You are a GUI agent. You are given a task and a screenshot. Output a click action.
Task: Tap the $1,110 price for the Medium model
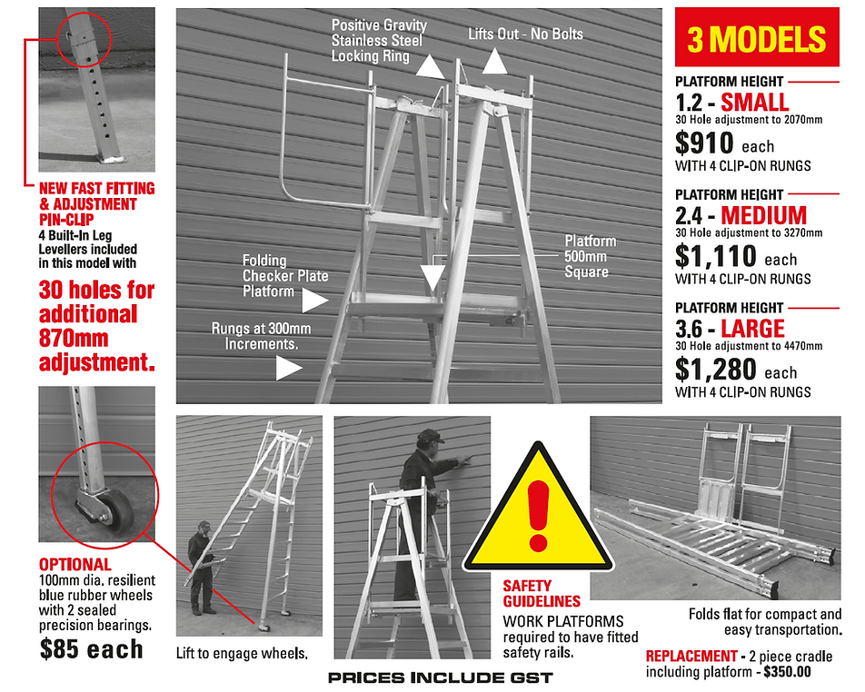(716, 258)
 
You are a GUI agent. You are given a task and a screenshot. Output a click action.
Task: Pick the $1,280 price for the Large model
(717, 371)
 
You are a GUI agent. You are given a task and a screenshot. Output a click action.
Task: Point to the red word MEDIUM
(763, 215)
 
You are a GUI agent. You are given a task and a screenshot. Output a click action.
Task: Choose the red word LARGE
(752, 327)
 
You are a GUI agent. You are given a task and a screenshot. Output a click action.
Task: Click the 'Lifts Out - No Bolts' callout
(525, 35)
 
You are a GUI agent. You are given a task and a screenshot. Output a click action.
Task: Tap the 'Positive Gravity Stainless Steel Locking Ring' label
(376, 41)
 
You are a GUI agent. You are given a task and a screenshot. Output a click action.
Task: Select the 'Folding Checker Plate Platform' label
(285, 276)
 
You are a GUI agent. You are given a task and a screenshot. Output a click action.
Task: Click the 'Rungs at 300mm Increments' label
(254, 337)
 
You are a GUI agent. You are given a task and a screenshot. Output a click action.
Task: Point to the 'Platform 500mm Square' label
(590, 256)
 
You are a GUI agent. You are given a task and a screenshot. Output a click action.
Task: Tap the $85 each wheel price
(91, 648)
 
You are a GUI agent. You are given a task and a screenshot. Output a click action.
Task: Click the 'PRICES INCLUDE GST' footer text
(440, 677)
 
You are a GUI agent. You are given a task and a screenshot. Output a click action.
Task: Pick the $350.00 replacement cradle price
(789, 672)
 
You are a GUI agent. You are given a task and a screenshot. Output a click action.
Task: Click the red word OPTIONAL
(75, 565)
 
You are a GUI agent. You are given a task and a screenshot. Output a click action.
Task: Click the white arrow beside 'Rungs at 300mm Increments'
(289, 367)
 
